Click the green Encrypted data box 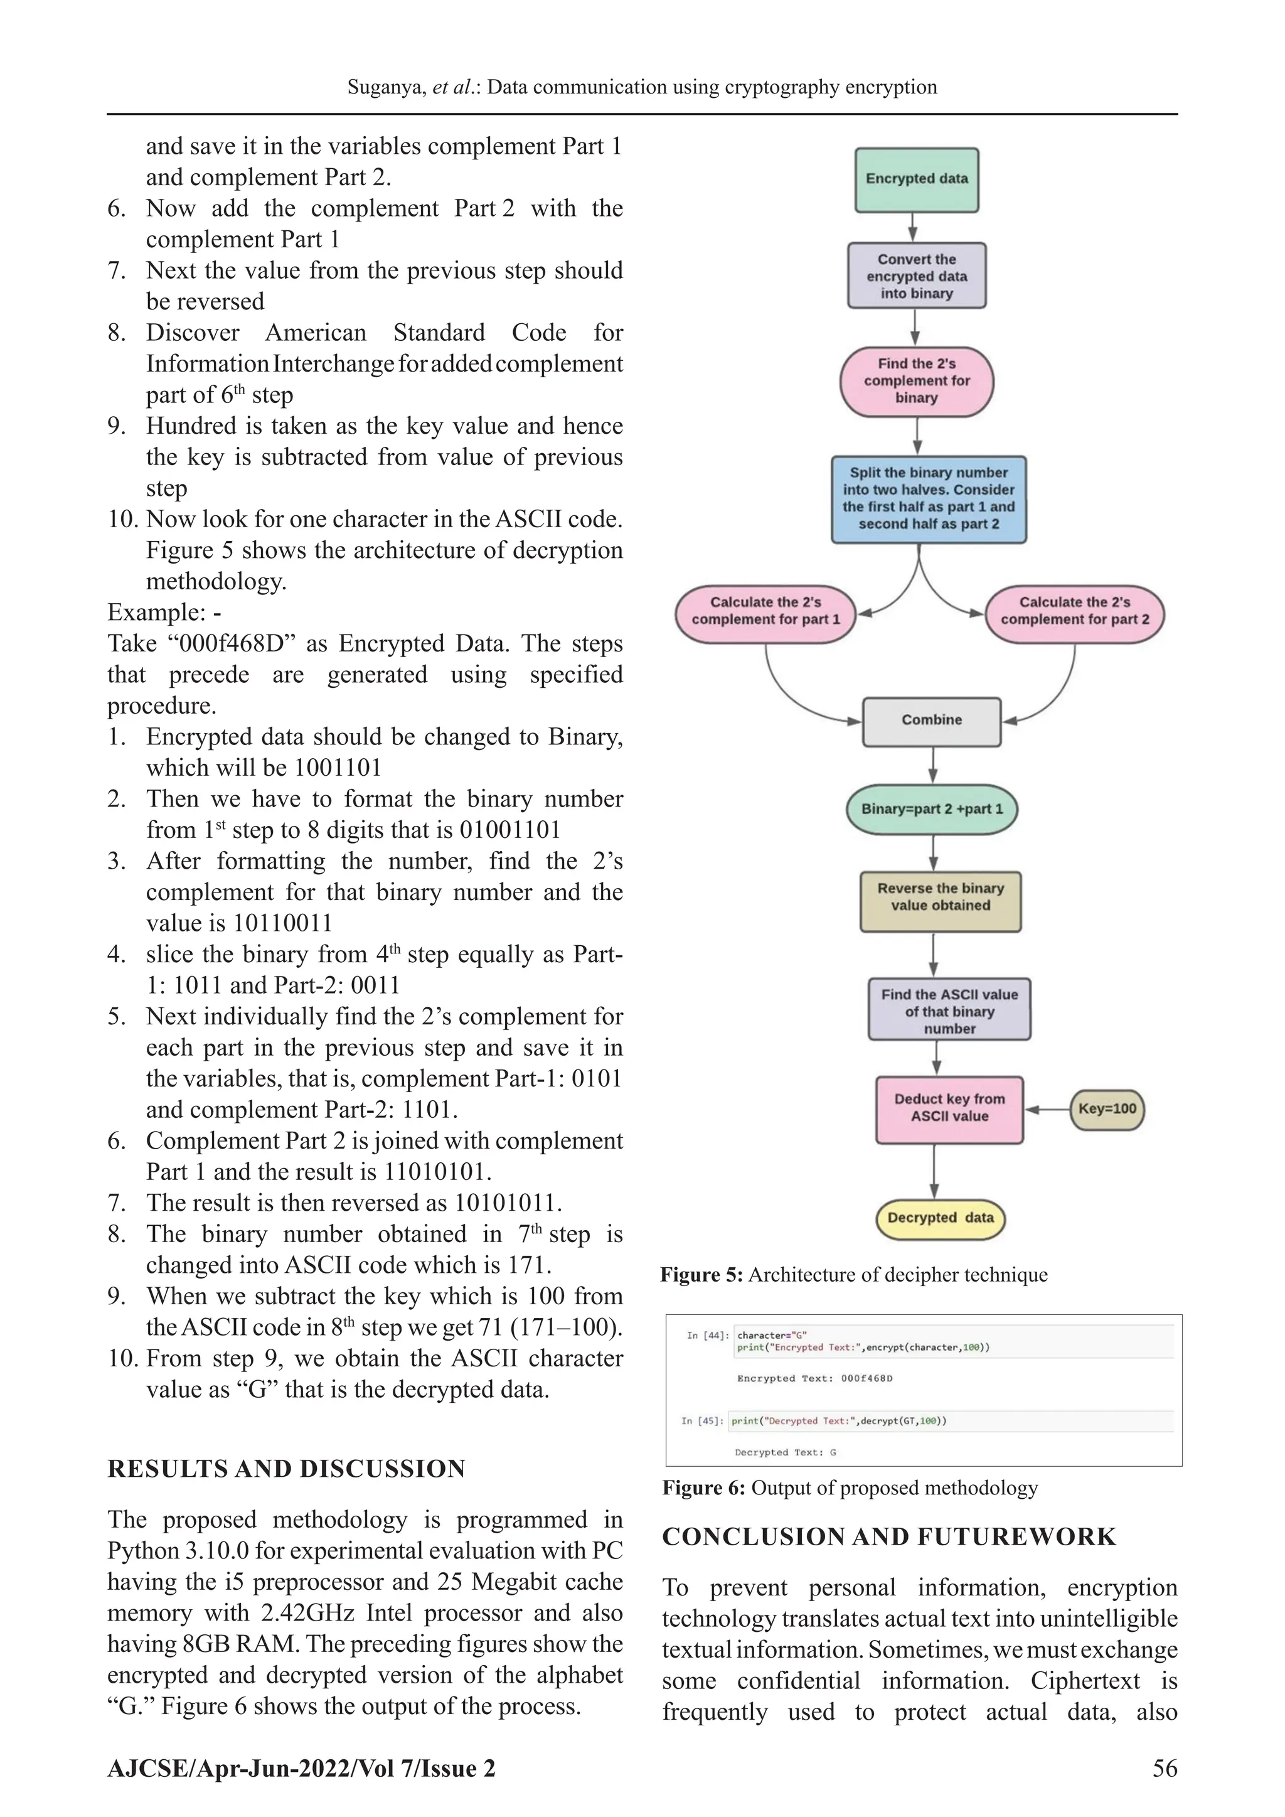916,180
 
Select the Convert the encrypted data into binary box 916,276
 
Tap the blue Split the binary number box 928,498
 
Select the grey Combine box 931,720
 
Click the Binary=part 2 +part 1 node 931,809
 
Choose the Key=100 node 1106,1109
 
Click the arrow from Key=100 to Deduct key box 1046,1109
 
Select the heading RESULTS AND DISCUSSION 287,1469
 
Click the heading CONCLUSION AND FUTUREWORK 888,1537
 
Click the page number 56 1165,1768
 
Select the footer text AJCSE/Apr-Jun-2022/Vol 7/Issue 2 301,1768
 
